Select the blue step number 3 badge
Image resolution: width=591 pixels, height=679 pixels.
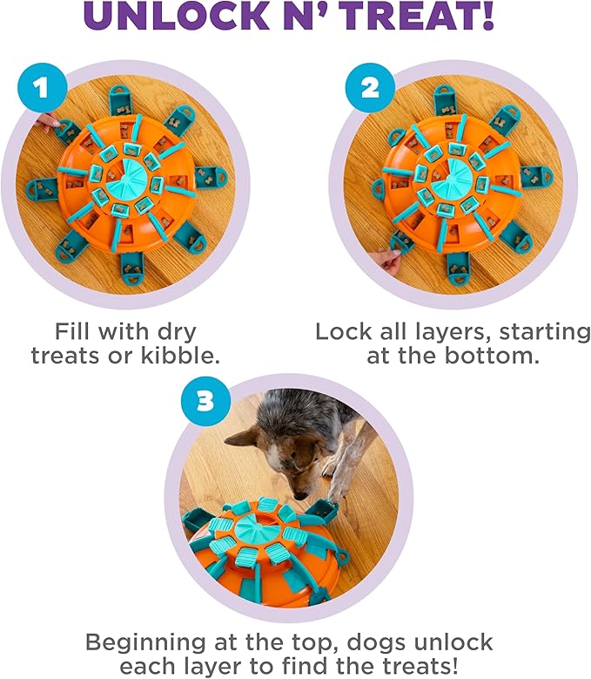203,399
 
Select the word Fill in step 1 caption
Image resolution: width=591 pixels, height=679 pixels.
73,332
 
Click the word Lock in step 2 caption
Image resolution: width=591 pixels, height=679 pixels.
344,332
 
